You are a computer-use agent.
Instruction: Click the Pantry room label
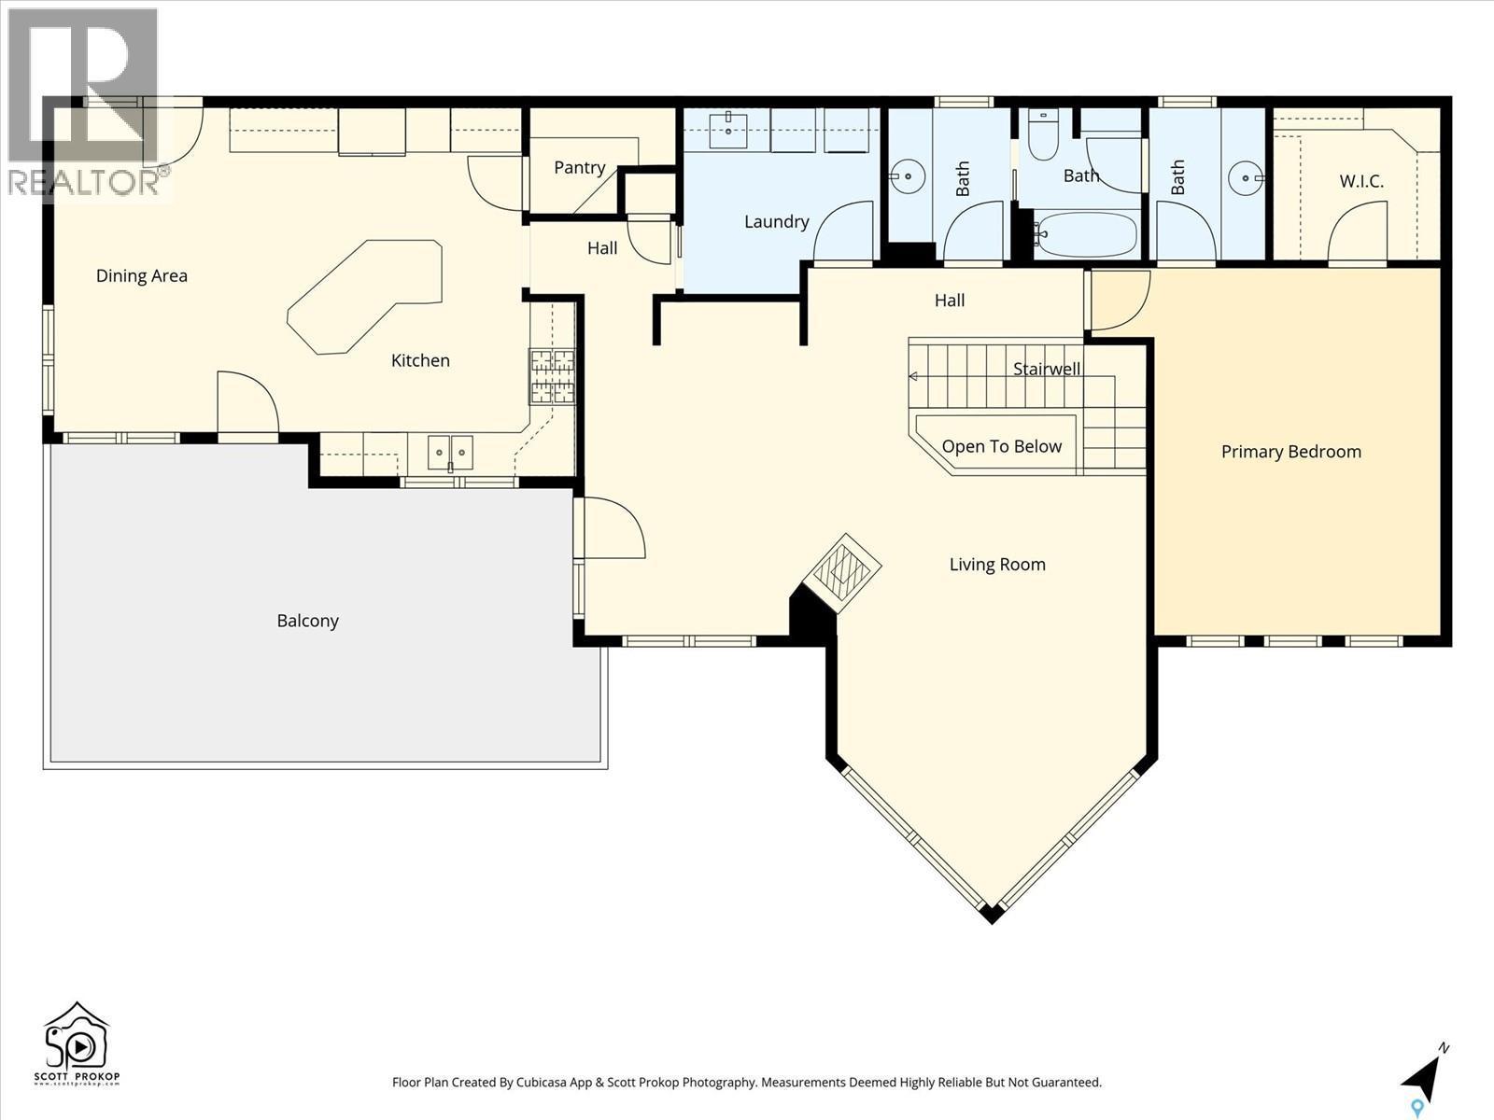point(579,168)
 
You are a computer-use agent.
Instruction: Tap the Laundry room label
point(776,222)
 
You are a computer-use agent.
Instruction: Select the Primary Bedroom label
point(1290,452)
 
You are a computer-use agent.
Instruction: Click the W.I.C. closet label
point(1361,181)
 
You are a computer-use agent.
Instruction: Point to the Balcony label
point(307,621)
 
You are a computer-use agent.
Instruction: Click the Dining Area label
point(142,275)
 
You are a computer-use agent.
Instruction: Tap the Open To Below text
point(1001,446)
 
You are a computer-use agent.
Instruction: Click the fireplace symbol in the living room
point(843,570)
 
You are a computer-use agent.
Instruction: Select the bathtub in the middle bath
point(1085,234)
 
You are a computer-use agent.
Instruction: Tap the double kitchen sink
point(450,453)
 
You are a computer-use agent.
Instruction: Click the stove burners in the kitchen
point(552,376)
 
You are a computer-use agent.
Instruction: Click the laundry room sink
point(727,131)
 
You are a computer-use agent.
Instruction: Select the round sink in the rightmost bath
point(1245,177)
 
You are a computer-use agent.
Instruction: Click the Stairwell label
point(1046,370)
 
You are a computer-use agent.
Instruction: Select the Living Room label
point(996,565)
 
